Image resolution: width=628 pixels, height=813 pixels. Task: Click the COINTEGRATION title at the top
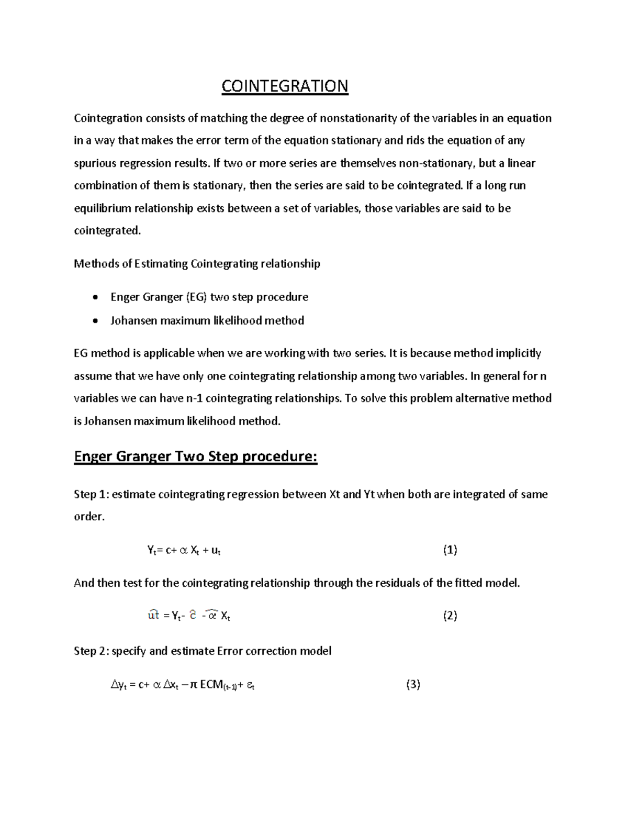tap(285, 86)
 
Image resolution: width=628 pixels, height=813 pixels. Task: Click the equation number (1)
tap(450, 550)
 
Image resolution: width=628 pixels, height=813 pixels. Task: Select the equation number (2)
tap(450, 616)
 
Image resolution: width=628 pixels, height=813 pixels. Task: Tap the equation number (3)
tap(413, 684)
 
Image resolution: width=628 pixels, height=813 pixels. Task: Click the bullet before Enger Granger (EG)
tap(94, 298)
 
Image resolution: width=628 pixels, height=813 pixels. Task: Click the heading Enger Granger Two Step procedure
tap(196, 457)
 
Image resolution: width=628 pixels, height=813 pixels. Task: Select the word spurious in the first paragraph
tap(95, 163)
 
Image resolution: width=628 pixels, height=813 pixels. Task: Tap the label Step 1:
tap(91, 494)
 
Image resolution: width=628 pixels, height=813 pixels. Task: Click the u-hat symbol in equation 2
tap(153, 615)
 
